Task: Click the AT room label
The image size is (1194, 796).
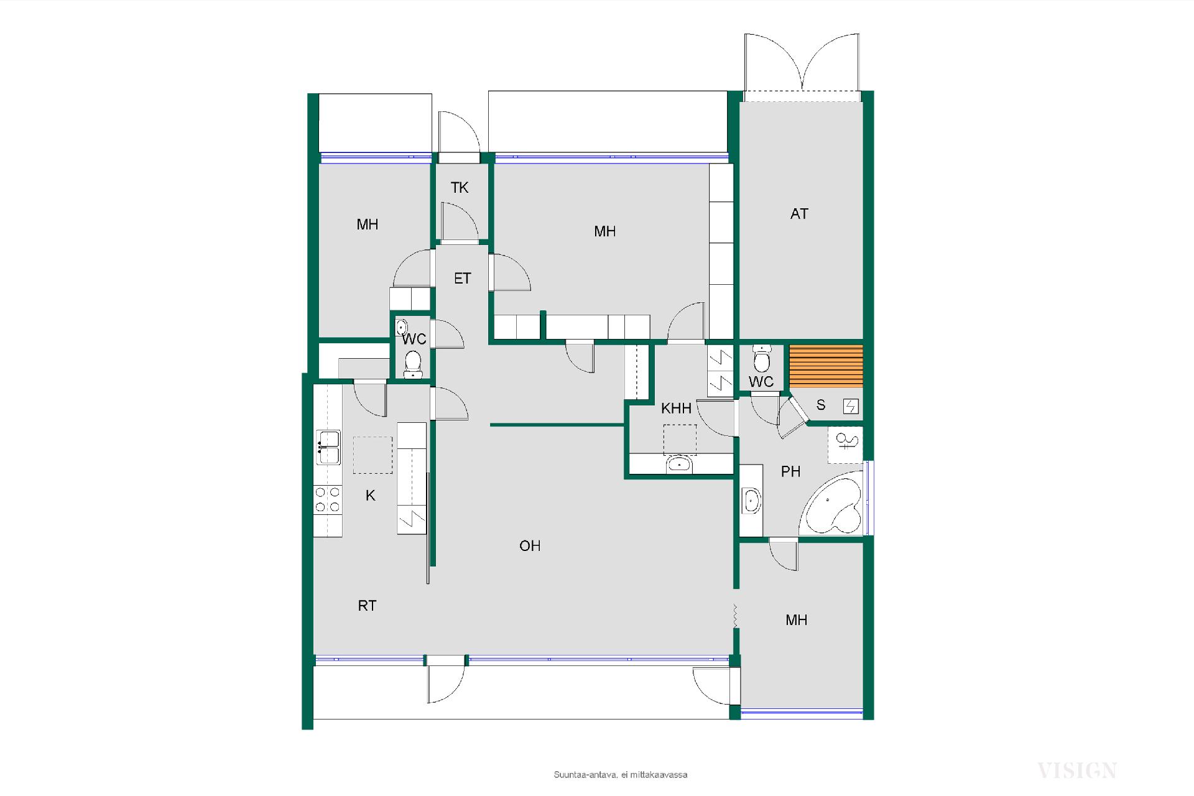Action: tap(799, 214)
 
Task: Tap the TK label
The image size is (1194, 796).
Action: tap(460, 188)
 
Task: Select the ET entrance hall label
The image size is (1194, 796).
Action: tap(462, 279)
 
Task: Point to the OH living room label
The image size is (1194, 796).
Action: tap(530, 546)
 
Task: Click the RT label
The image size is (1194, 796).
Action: tap(367, 606)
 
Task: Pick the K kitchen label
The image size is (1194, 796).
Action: tap(371, 496)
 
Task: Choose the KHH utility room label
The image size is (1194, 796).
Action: tap(676, 409)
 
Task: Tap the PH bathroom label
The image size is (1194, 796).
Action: tap(790, 471)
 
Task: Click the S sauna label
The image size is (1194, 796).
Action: tap(821, 405)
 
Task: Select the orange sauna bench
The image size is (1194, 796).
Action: tap(826, 366)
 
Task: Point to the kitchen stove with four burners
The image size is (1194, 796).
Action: tap(328, 499)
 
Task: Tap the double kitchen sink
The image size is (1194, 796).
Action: tap(328, 447)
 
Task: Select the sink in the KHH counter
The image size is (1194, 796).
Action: tap(679, 464)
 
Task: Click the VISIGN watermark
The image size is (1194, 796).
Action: tap(1076, 771)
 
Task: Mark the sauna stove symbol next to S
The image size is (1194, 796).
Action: tap(851, 407)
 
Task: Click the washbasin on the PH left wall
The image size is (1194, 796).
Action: tap(752, 501)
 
